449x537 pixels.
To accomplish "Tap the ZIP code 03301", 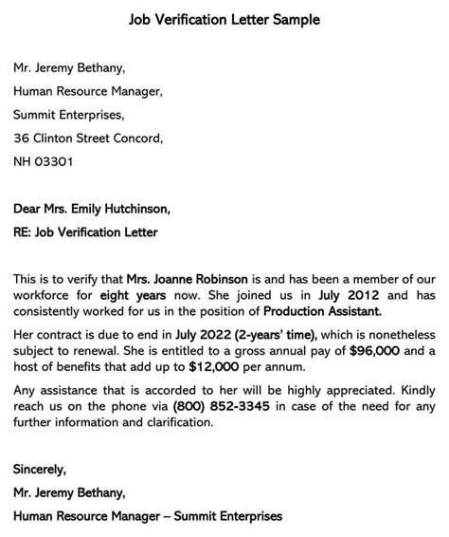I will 55,161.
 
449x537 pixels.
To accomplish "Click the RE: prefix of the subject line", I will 24,231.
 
